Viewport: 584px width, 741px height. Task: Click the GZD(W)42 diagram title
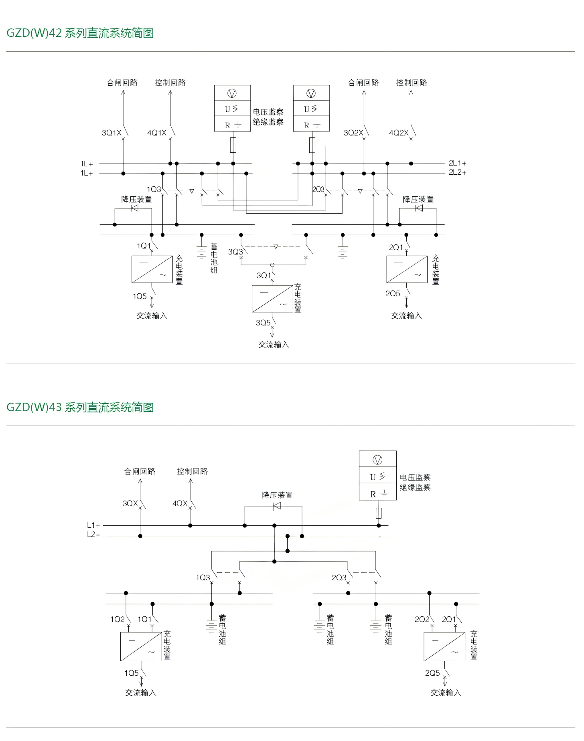pyautogui.click(x=80, y=33)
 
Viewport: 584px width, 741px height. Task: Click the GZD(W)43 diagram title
pyautogui.click(x=80, y=407)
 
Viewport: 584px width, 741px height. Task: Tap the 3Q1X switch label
pyautogui.click(x=111, y=133)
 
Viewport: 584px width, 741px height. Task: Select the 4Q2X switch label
pyautogui.click(x=398, y=133)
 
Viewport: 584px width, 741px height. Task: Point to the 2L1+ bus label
pyautogui.click(x=457, y=163)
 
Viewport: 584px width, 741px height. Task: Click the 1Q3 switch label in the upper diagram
pyautogui.click(x=154, y=189)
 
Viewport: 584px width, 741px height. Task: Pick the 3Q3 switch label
pyautogui.click(x=235, y=252)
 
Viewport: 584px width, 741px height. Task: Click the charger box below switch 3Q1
pyautogui.click(x=272, y=299)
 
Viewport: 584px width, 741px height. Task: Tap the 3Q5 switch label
pyautogui.click(x=263, y=323)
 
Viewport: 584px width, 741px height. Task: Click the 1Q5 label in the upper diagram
pyautogui.click(x=140, y=296)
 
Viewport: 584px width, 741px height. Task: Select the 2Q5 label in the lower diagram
pyautogui.click(x=432, y=673)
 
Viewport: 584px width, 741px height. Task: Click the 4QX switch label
pyautogui.click(x=180, y=503)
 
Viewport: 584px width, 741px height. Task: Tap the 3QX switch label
pyautogui.click(x=130, y=503)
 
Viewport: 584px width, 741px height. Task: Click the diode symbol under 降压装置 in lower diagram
pyautogui.click(x=277, y=506)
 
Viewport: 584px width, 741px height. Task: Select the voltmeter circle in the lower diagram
pyautogui.click(x=377, y=460)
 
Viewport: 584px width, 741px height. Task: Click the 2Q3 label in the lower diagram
pyautogui.click(x=339, y=577)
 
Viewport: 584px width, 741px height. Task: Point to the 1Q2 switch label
pyautogui.click(x=118, y=619)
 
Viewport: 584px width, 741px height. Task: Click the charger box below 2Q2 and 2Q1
pyautogui.click(x=444, y=646)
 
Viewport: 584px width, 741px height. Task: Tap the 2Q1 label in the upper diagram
pyautogui.click(x=396, y=247)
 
